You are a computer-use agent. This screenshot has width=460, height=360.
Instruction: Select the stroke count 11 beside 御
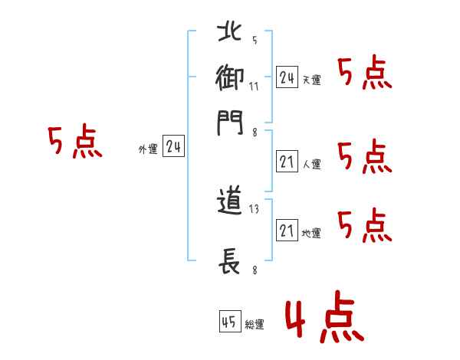click(254, 86)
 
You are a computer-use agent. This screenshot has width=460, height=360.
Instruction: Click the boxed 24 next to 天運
click(287, 77)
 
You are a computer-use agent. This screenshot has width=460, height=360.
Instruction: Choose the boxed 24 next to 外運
click(173, 148)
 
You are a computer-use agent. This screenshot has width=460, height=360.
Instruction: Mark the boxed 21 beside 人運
click(287, 162)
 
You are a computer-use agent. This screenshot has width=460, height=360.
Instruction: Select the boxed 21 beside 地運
click(287, 231)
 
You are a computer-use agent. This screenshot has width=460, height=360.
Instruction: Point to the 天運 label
click(311, 80)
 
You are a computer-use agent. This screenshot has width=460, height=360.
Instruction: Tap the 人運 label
click(311, 164)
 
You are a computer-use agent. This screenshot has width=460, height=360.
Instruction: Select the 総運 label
click(255, 325)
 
